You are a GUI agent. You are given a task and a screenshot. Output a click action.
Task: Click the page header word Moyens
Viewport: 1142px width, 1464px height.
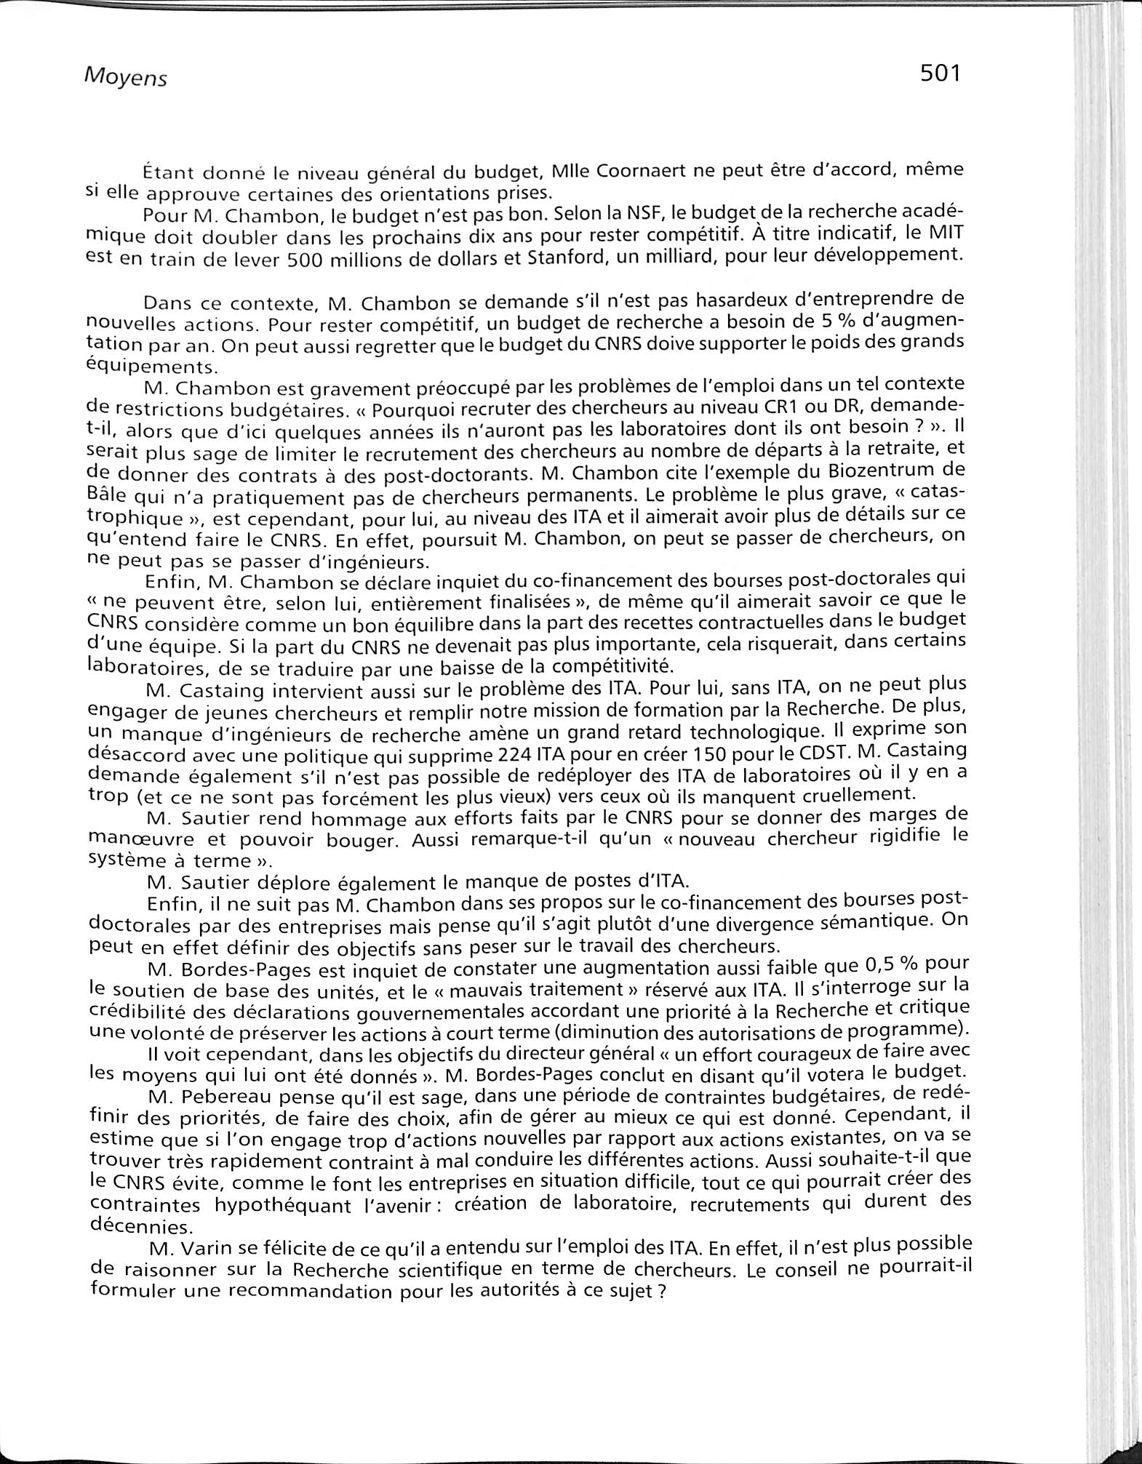[126, 76]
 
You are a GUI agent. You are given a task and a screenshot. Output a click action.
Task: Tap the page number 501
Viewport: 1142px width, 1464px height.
[941, 73]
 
